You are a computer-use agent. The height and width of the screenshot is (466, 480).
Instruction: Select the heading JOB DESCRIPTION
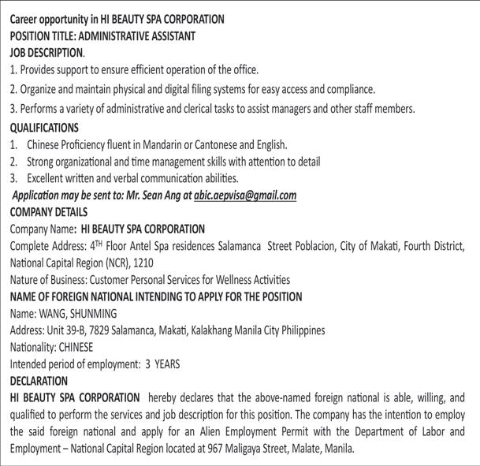tap(46, 53)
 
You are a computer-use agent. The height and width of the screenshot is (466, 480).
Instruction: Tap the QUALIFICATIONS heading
tap(44, 128)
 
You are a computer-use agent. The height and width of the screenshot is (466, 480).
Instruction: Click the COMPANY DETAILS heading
tap(48, 212)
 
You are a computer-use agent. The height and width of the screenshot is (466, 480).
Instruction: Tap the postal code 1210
tap(145, 263)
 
